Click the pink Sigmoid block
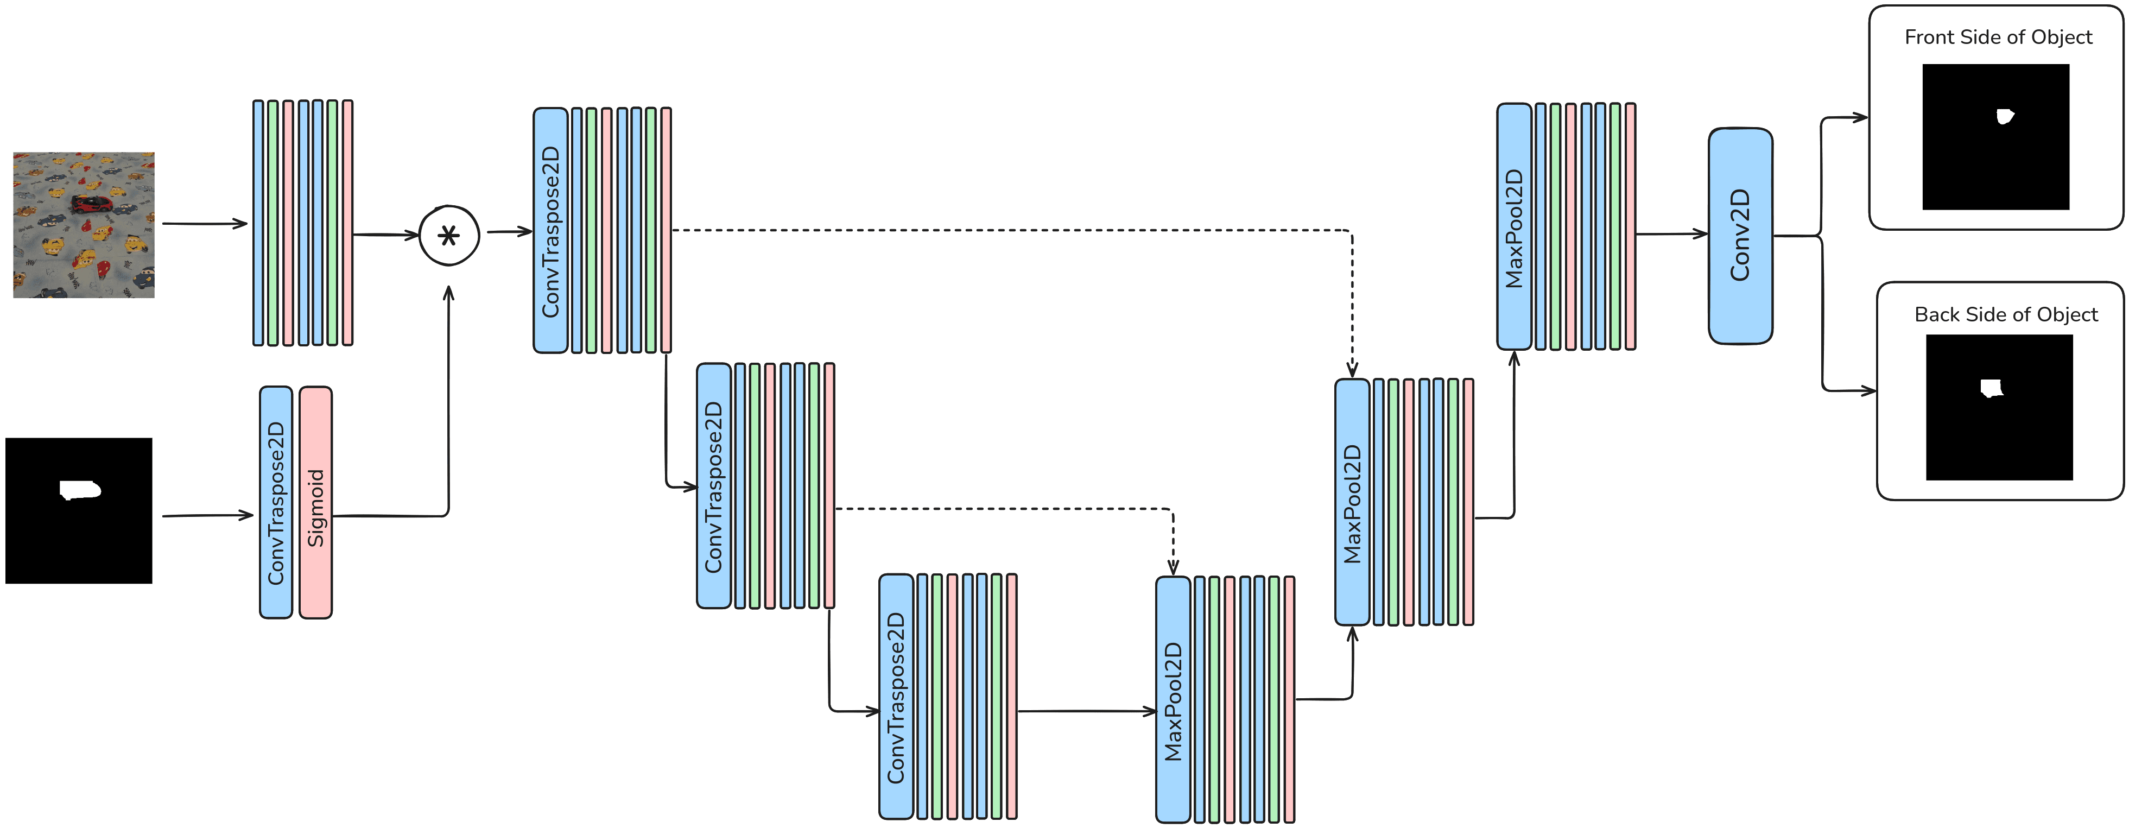click(316, 502)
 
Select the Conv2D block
click(1740, 236)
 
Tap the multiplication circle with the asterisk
click(449, 236)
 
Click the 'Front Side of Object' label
click(1998, 37)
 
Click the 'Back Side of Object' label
click(2005, 315)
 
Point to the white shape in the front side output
click(2004, 117)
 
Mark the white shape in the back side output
click(1992, 388)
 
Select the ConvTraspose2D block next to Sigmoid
click(276, 502)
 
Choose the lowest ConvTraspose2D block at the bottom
click(896, 697)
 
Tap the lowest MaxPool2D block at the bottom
click(1173, 700)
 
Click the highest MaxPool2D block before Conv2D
click(1514, 226)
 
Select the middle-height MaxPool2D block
click(1352, 502)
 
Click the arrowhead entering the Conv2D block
click(1701, 234)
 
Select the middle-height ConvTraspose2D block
click(714, 486)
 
